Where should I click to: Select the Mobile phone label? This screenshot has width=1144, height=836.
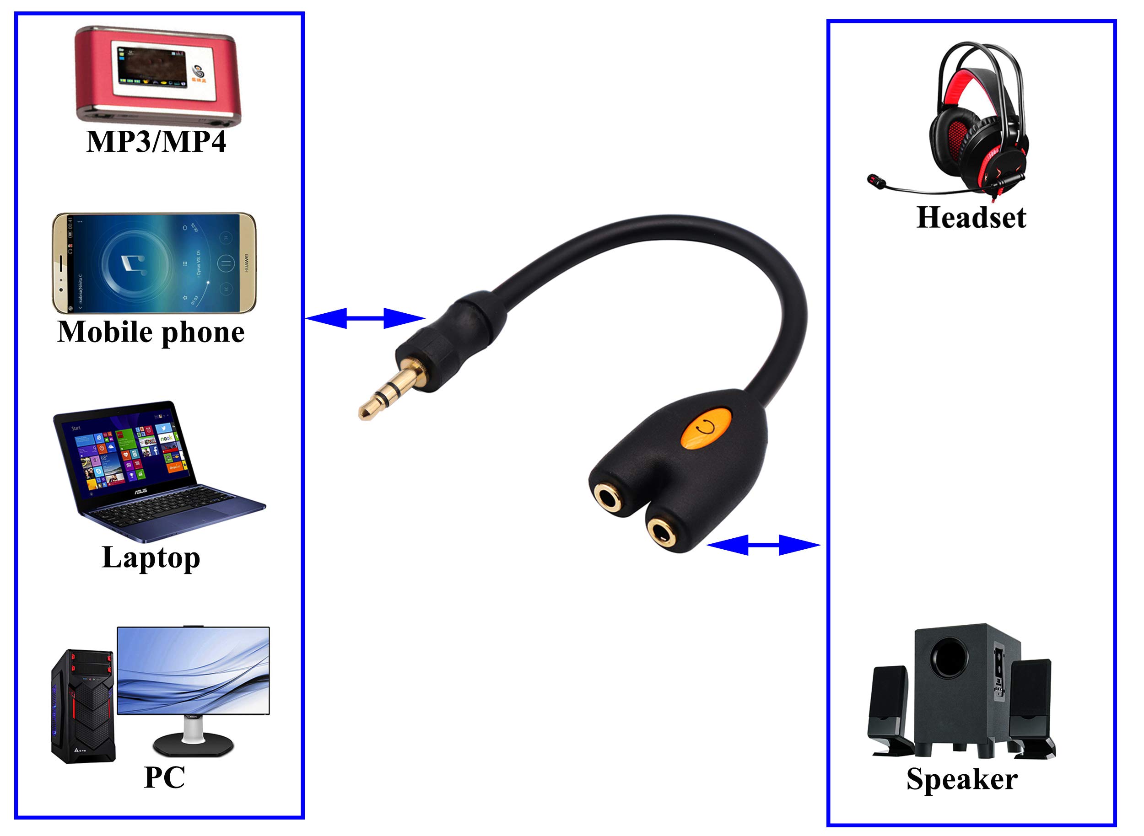(151, 332)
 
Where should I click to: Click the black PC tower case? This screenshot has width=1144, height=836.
(82, 706)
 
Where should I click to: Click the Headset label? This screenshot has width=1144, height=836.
(971, 218)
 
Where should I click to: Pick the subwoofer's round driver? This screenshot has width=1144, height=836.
(950, 657)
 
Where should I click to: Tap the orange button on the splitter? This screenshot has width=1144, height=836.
(706, 428)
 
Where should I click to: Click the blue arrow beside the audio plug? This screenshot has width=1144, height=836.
(365, 318)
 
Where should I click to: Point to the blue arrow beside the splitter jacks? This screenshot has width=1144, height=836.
(763, 545)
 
